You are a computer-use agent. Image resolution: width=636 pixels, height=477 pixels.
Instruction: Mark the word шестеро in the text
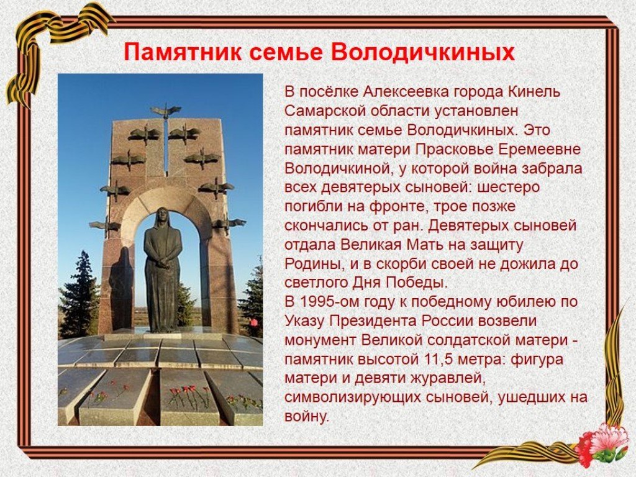pyautogui.click(x=509, y=188)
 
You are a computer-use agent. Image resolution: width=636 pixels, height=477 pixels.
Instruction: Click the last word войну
pyautogui.click(x=307, y=417)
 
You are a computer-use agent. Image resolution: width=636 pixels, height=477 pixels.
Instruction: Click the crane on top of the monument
pyautogui.click(x=166, y=111)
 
